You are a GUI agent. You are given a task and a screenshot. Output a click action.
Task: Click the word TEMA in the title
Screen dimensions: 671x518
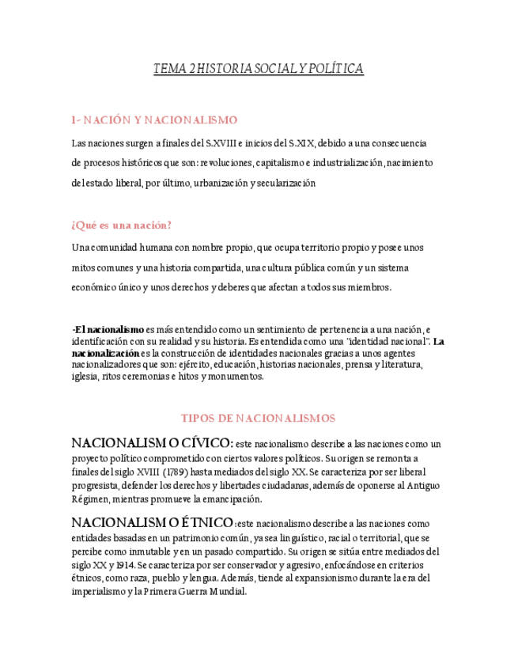tap(166, 70)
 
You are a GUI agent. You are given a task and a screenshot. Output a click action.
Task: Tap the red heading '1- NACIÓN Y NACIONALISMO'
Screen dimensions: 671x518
tap(154, 120)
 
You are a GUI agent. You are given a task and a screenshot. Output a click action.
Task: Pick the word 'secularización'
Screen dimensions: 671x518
tap(282, 184)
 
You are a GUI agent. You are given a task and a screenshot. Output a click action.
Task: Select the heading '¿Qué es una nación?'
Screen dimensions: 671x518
tap(121, 226)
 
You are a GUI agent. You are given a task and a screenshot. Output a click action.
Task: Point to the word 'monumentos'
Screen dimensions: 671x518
tap(236, 377)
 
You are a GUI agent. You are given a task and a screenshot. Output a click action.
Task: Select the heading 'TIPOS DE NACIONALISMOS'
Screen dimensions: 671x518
tap(259, 419)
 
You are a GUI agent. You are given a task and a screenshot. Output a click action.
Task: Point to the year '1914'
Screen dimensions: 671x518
tap(124, 565)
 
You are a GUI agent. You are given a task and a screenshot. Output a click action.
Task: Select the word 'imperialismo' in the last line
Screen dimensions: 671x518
tap(100, 590)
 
